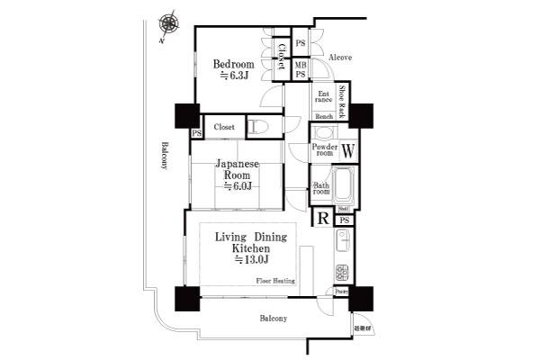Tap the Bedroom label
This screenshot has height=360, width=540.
tap(233, 70)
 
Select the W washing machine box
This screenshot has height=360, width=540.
tap(347, 149)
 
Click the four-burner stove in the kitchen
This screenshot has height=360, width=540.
tap(343, 271)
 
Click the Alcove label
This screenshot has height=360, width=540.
tap(339, 58)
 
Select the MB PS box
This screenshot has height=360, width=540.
tap(300, 68)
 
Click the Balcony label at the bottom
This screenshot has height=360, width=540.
tap(274, 319)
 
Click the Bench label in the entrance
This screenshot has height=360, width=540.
tap(324, 118)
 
